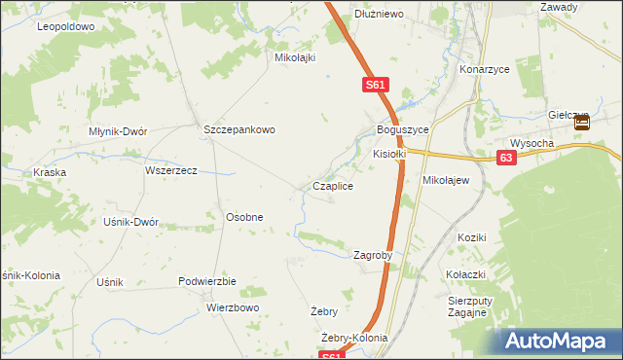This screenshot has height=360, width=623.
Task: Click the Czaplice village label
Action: tap(332, 186)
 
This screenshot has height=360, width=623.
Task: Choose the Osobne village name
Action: tap(244, 217)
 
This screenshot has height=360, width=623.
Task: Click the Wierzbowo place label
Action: tap(233, 307)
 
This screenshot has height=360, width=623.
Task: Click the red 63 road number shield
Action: tap(504, 157)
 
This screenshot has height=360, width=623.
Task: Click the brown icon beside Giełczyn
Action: tap(581, 123)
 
